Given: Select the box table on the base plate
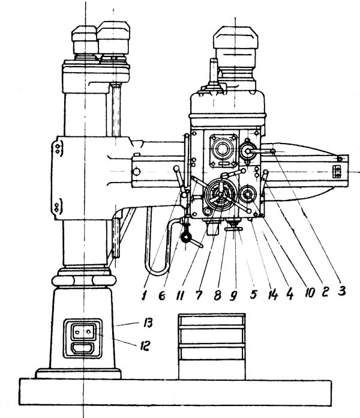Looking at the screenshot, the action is (212, 345).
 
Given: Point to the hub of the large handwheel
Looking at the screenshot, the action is (217, 195).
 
